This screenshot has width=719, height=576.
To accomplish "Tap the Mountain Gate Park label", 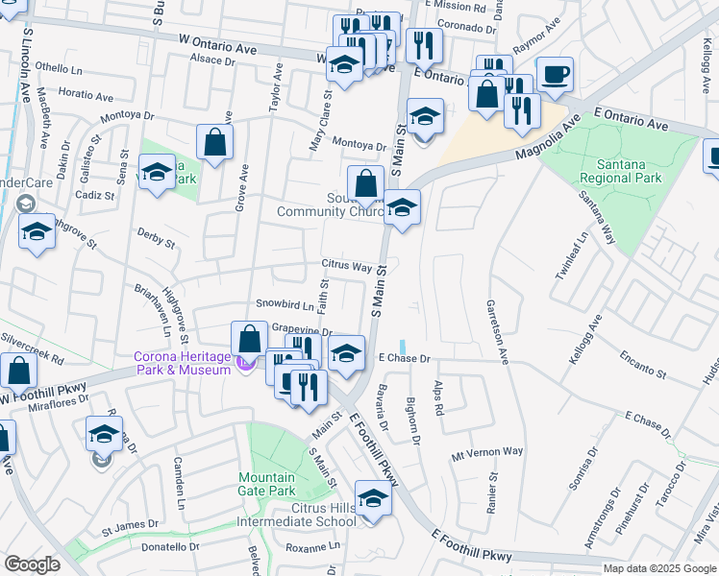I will (267, 484).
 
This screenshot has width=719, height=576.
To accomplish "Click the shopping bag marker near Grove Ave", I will (215, 142).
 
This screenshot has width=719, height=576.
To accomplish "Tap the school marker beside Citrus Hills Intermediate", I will (372, 499).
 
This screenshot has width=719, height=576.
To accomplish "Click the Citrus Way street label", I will (347, 266).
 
